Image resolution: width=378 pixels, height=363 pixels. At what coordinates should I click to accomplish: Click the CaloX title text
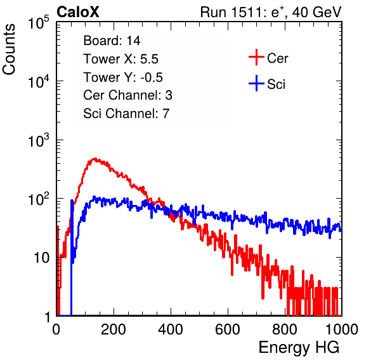[77, 12]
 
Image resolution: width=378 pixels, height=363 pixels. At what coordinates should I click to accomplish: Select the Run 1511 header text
[271, 12]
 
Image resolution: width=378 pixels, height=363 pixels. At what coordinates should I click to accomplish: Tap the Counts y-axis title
[9, 49]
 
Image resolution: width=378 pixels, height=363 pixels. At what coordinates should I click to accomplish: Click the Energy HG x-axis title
[299, 347]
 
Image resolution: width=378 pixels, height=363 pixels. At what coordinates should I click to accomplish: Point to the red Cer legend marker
[256, 57]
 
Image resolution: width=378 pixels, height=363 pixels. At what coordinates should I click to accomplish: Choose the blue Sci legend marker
[256, 83]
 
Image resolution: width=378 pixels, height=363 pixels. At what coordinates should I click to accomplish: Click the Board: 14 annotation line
[112, 41]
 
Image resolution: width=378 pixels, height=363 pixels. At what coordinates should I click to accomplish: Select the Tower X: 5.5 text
[121, 59]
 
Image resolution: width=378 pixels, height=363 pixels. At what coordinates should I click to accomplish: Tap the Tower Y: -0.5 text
[123, 77]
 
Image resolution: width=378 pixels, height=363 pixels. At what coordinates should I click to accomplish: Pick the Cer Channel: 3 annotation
[127, 95]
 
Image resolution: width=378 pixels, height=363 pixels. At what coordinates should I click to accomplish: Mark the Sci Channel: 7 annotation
[126, 114]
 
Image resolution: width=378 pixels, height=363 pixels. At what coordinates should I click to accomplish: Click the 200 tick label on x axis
[114, 329]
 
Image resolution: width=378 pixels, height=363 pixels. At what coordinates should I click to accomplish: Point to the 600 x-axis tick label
[228, 329]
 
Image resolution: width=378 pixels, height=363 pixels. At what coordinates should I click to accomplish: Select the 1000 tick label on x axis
[342, 329]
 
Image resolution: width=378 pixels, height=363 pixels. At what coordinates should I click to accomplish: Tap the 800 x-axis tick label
[285, 329]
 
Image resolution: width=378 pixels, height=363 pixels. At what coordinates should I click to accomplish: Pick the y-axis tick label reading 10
[42, 258]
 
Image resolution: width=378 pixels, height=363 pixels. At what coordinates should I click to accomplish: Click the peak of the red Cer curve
[95, 159]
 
